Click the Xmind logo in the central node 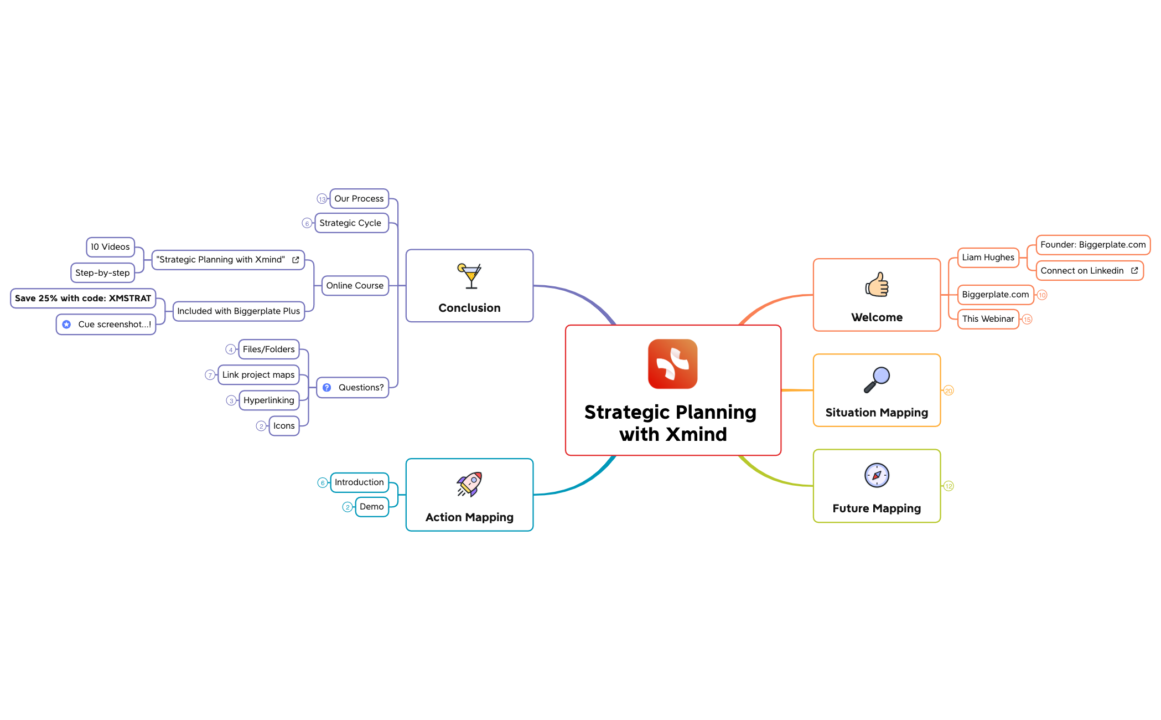(x=672, y=364)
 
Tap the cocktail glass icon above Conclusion (x=470, y=276)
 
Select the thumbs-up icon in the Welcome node (x=877, y=285)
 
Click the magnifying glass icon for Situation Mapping (x=877, y=380)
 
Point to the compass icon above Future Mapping (x=877, y=475)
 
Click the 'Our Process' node (x=359, y=199)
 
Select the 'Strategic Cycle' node (x=351, y=223)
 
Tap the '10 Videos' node (x=110, y=247)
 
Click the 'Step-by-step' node (x=102, y=273)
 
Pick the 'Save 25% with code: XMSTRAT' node (x=83, y=299)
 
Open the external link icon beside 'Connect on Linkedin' (x=1134, y=271)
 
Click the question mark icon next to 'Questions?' (x=327, y=388)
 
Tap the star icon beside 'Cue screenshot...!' (x=66, y=325)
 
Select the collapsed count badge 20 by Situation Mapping (x=949, y=391)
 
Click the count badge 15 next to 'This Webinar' (x=1027, y=320)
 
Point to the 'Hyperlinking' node (x=269, y=400)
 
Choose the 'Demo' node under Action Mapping (x=371, y=507)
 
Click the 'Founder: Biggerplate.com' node (x=1092, y=245)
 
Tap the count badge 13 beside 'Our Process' (x=322, y=199)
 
